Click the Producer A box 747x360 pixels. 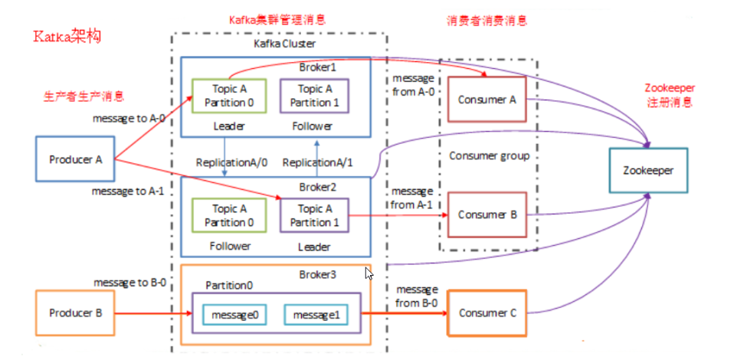76,159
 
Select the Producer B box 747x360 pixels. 76,313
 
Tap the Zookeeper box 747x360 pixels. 649,170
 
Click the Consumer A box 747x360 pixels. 487,100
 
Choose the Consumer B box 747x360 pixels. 487,214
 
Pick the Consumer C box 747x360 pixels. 487,313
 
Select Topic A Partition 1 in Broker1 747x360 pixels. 315,97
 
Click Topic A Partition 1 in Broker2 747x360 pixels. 315,216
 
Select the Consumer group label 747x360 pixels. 489,156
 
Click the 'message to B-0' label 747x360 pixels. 129,283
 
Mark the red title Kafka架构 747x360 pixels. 67,36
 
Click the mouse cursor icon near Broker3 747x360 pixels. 369,274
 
